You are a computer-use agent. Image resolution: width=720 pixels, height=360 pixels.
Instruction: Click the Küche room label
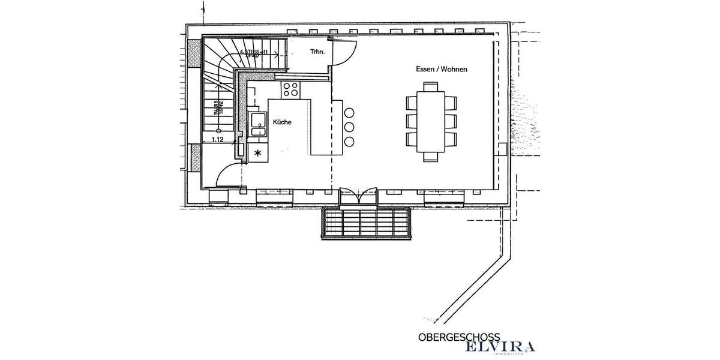click(x=282, y=122)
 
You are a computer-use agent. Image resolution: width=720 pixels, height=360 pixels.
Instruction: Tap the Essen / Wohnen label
click(x=442, y=70)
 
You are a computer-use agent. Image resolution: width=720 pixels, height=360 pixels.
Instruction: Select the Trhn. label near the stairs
click(x=317, y=52)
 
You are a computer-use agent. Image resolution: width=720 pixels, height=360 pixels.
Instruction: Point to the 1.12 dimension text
click(x=217, y=139)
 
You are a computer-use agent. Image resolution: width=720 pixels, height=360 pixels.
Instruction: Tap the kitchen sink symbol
click(x=259, y=124)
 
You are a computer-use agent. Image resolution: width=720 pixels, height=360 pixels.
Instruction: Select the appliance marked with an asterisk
click(x=258, y=153)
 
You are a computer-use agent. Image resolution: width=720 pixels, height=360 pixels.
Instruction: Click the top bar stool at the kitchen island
click(x=349, y=112)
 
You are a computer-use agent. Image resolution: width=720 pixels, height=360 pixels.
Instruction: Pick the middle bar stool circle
click(x=349, y=127)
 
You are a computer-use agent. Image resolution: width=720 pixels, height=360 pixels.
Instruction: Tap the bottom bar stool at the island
click(x=349, y=142)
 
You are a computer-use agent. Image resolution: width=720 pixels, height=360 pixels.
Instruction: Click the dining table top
click(x=431, y=121)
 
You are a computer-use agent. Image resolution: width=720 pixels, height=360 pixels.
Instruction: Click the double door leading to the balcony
click(x=359, y=197)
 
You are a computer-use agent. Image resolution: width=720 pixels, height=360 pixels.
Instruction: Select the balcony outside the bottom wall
click(x=367, y=223)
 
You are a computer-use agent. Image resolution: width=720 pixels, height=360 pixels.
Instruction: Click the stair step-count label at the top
click(x=253, y=53)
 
